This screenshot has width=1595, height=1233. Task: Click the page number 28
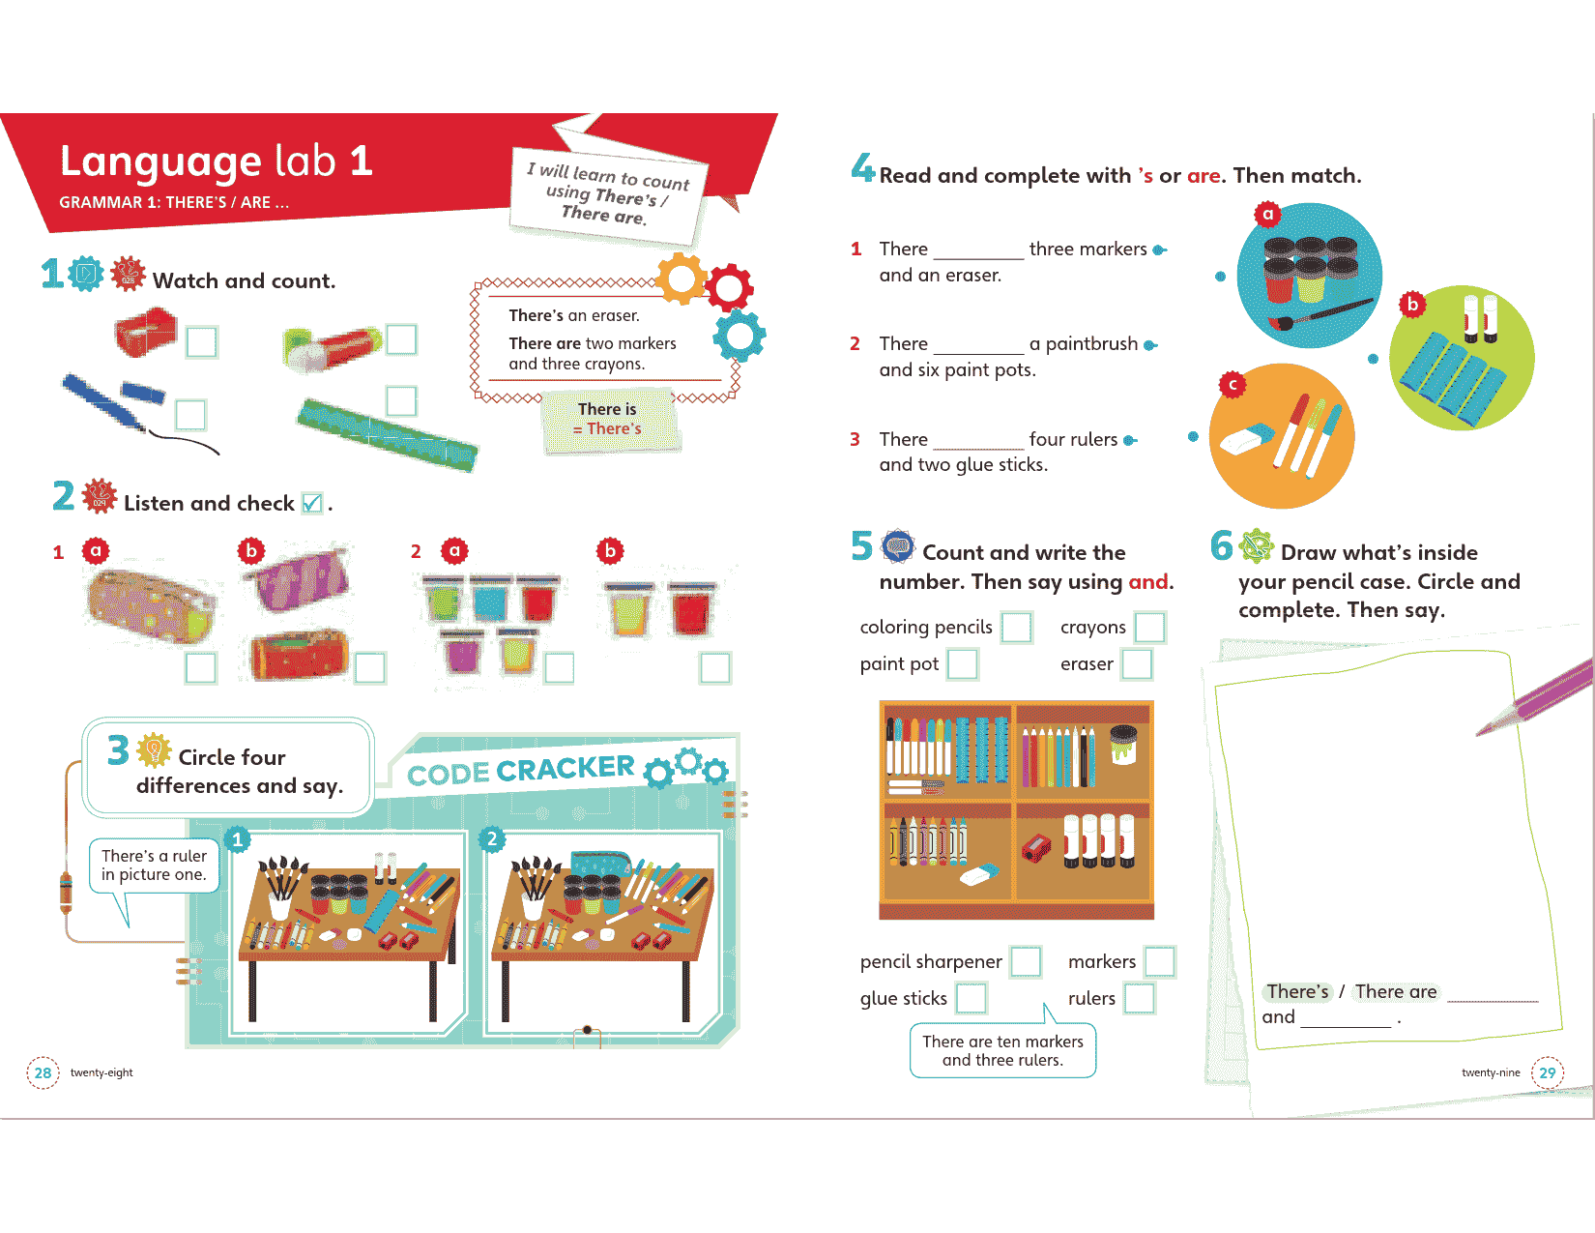click(43, 1072)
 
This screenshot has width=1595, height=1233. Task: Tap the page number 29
click(1548, 1072)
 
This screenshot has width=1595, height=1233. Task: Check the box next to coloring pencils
click(1017, 628)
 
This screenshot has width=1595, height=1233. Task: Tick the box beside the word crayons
click(1149, 628)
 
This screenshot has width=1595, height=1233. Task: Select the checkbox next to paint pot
click(962, 664)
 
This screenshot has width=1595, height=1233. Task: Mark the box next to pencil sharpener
click(1026, 962)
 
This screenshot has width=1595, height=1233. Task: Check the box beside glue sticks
click(971, 999)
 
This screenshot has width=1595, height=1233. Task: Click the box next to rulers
click(1139, 999)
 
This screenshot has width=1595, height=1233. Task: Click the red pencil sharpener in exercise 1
click(145, 333)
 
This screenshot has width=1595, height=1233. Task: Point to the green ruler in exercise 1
click(387, 434)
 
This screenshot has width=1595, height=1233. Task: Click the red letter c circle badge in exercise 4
click(1232, 385)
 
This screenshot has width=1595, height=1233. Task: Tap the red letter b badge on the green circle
click(1412, 304)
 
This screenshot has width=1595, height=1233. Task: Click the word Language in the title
click(160, 161)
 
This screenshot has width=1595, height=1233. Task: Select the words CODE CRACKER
click(520, 770)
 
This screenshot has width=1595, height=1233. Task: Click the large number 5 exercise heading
click(861, 546)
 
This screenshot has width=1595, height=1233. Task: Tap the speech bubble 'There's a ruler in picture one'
click(154, 866)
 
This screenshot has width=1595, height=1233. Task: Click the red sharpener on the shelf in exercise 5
click(1036, 849)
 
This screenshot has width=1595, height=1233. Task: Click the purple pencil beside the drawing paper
click(1535, 697)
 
